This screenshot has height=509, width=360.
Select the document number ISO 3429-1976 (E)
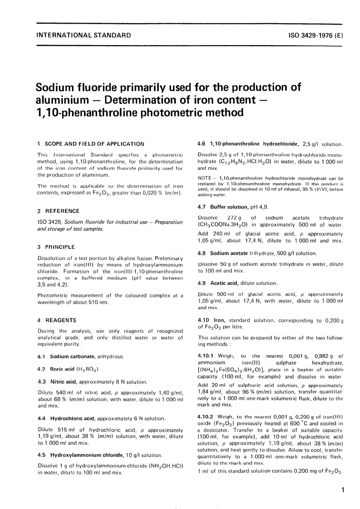coord(316,36)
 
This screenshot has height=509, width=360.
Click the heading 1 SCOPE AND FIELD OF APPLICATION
coord(91,144)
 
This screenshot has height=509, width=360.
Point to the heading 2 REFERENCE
coord(58,211)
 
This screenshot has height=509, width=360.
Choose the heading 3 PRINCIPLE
coord(56,247)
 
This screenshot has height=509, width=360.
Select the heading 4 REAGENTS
coord(57,320)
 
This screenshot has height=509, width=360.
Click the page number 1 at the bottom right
coord(343,490)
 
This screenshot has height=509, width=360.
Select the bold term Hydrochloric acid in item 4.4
coord(73,419)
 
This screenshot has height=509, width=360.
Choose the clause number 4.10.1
coord(206,356)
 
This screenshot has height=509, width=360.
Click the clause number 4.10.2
coord(206,417)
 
